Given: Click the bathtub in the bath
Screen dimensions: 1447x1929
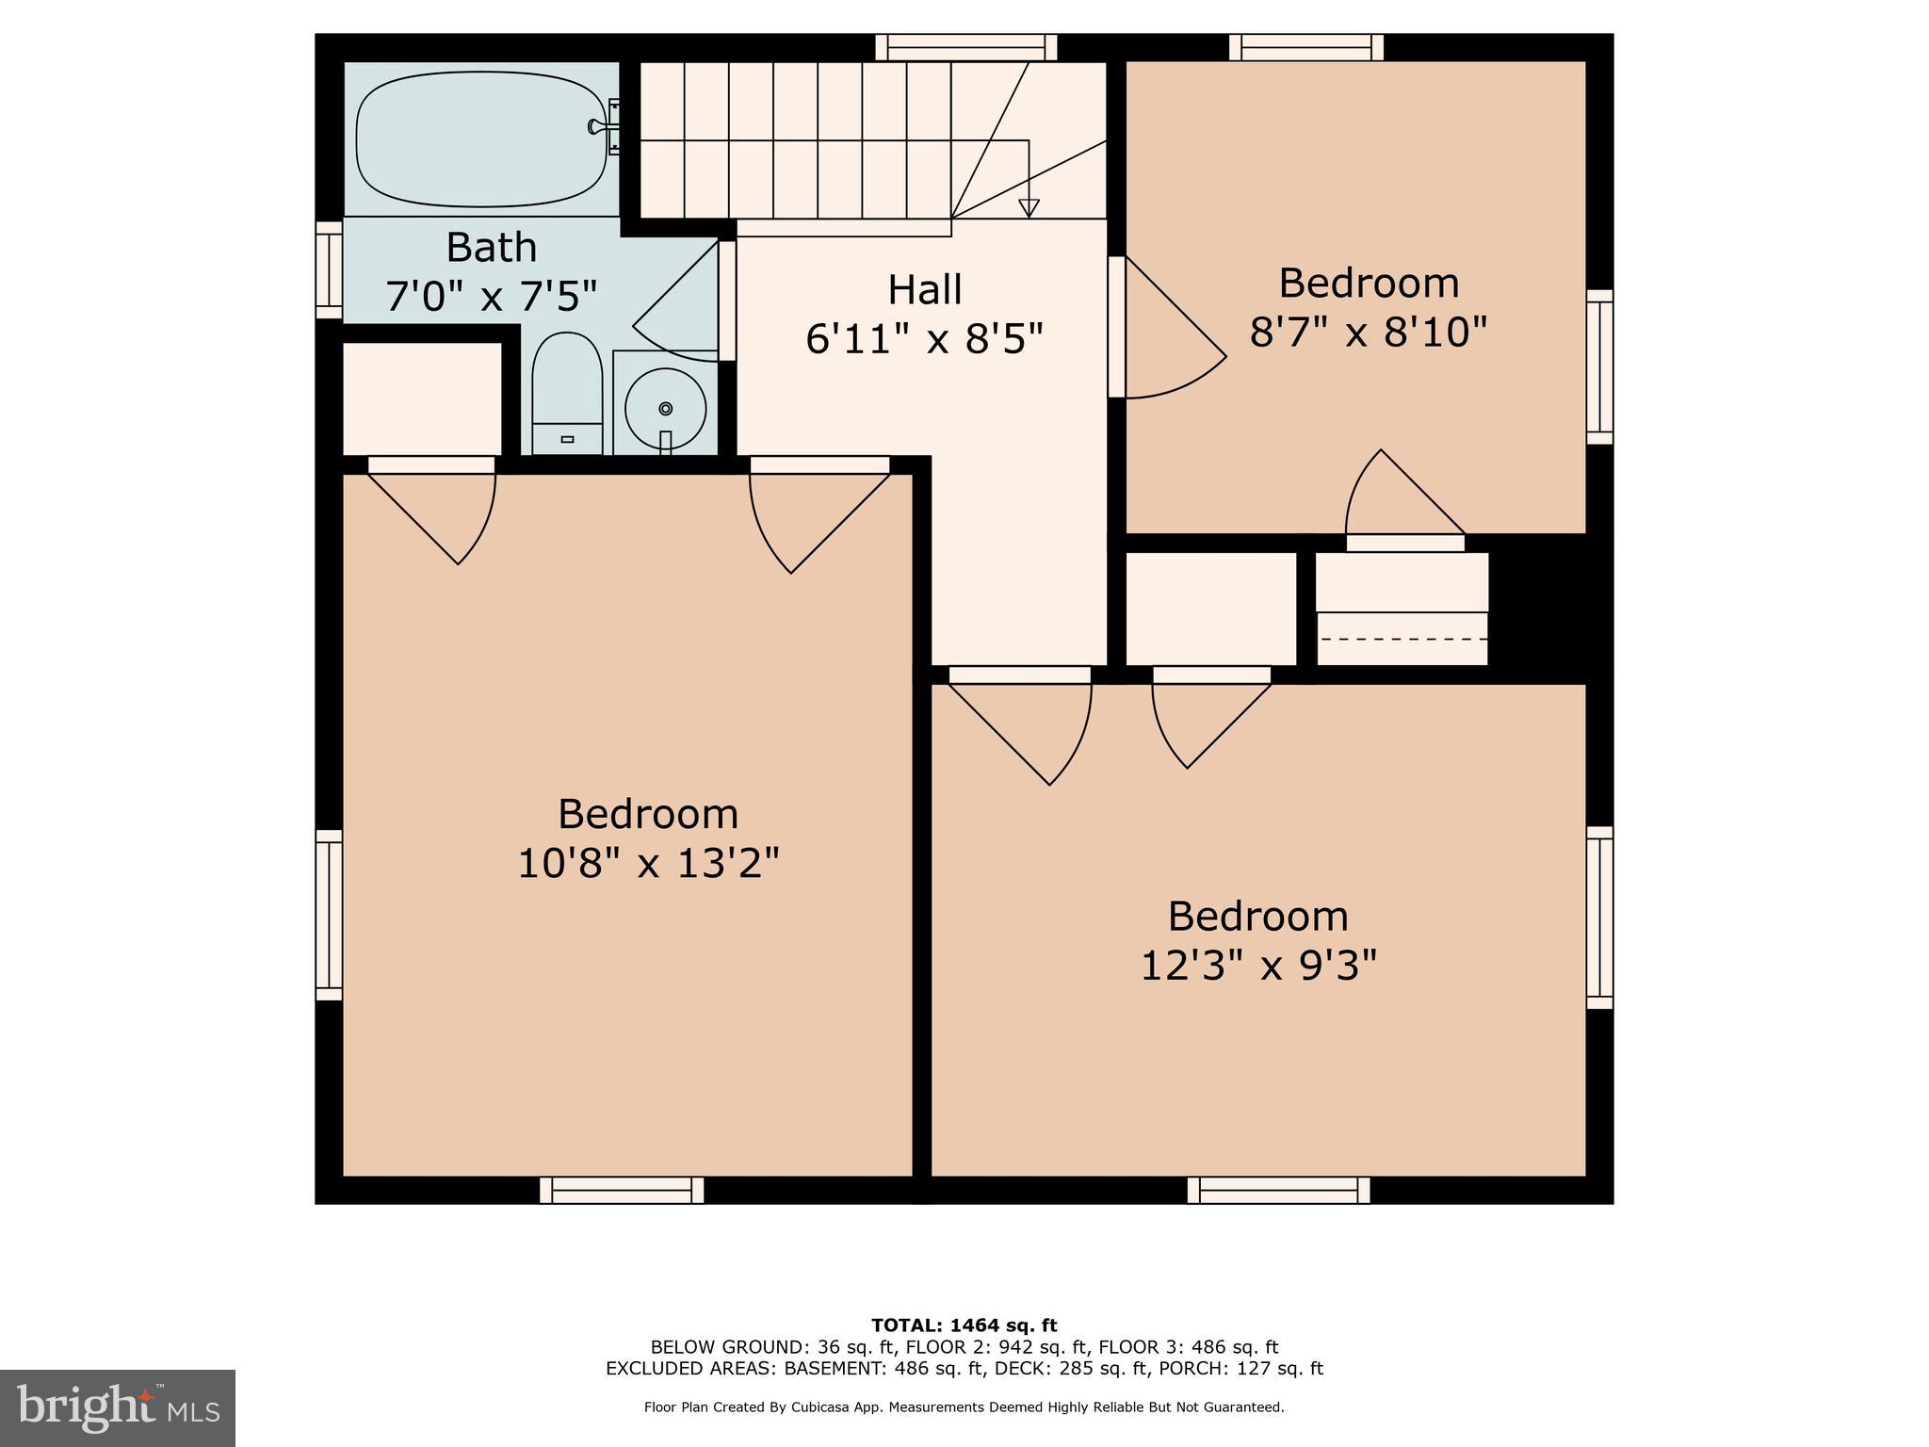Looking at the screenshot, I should [481, 139].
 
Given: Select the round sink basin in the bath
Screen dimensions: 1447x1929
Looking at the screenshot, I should [666, 409].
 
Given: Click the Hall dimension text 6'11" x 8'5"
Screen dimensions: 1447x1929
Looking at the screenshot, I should [924, 339].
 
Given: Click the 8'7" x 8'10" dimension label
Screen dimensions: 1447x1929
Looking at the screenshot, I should [1368, 333].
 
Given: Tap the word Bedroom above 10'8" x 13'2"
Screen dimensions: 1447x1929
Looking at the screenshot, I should [648, 814].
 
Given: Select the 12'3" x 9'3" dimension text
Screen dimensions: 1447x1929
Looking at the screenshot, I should [1258, 966].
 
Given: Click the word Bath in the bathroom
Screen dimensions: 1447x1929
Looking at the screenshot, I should [491, 248].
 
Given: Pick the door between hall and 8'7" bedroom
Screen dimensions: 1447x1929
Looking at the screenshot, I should [1168, 330].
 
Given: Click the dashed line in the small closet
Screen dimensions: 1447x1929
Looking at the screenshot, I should [1402, 639].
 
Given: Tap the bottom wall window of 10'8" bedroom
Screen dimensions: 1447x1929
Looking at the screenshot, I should [622, 1191].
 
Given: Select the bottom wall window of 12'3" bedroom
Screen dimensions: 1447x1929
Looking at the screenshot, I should [1278, 1191].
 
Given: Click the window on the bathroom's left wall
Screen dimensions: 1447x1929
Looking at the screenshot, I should [329, 270].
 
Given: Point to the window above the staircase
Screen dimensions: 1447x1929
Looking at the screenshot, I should [965, 47].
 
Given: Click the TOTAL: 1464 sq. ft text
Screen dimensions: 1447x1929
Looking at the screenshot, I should [964, 1325].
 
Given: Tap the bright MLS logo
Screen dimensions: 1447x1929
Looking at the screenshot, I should [118, 1407].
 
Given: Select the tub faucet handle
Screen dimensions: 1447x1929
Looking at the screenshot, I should [597, 126].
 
